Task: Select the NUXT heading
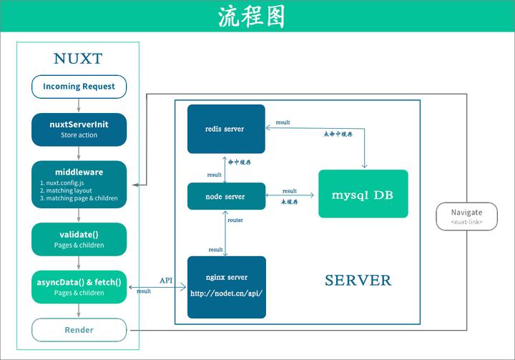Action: (x=78, y=58)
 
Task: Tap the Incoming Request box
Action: (x=79, y=87)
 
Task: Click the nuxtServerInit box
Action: (x=79, y=128)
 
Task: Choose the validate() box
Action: (x=79, y=239)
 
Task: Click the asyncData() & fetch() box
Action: (x=79, y=286)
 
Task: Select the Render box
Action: (x=79, y=330)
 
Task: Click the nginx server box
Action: (x=226, y=286)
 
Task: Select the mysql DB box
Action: (x=363, y=194)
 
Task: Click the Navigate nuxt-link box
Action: (x=466, y=216)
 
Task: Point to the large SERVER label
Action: (x=358, y=280)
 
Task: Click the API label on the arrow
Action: (x=165, y=280)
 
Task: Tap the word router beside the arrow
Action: (x=235, y=220)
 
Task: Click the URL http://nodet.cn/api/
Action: (x=226, y=293)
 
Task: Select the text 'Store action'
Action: (x=79, y=135)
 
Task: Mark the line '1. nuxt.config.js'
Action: (x=64, y=183)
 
